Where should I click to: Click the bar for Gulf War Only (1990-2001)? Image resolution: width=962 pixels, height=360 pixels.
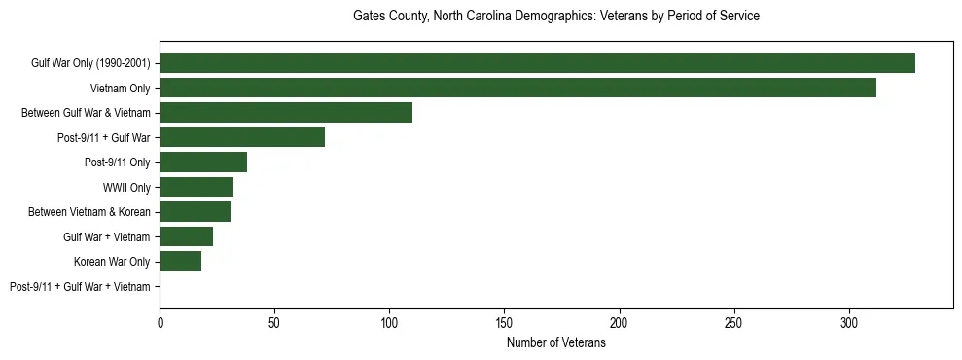537,63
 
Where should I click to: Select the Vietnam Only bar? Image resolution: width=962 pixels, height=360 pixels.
517,88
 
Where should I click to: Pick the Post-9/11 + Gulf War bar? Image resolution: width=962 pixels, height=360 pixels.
242,137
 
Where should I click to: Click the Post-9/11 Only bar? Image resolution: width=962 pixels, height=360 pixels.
203,162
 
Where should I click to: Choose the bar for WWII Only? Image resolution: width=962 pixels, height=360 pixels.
196,187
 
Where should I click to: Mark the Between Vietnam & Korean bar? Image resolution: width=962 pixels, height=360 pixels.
196,212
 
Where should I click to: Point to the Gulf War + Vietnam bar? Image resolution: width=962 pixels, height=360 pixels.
187,236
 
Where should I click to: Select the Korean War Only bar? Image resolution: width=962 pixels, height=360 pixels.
181,262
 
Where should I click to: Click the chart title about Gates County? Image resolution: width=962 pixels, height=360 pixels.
555,17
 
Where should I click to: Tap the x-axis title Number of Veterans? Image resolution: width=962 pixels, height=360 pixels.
555,343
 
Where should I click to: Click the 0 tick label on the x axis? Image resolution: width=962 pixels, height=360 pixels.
160,322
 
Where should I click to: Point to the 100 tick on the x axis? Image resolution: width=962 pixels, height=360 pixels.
389,322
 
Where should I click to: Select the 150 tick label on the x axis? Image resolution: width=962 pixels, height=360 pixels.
504,322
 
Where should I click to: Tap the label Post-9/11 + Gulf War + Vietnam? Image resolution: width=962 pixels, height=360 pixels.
80,287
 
